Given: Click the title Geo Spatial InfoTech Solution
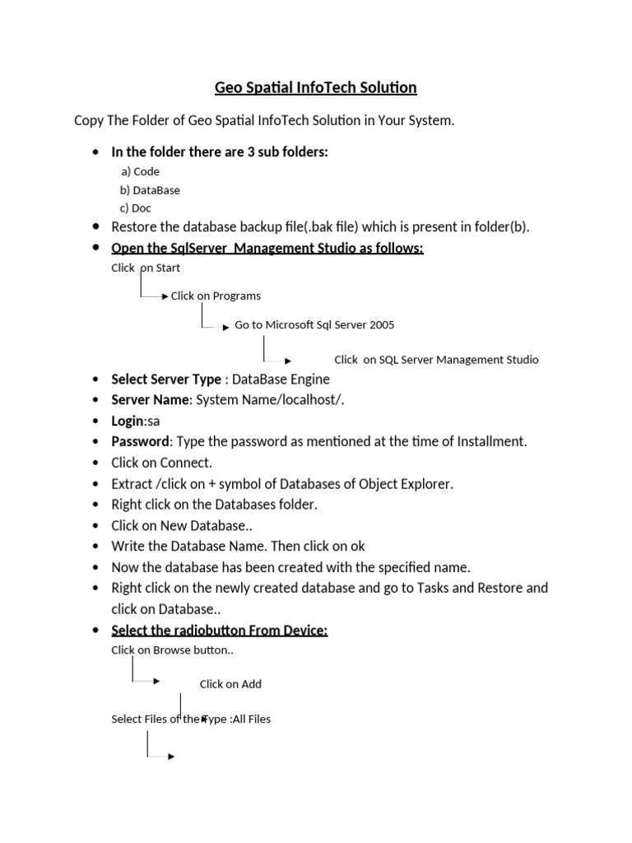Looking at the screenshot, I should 316,87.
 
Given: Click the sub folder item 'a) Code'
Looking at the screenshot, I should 140,171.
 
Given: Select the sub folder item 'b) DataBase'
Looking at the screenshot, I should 150,189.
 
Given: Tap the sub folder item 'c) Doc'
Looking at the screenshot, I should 136,207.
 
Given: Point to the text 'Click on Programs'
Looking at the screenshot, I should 216,296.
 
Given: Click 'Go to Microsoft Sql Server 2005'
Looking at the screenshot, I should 314,324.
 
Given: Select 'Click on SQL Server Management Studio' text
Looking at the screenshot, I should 436,359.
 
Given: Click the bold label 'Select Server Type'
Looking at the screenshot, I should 166,379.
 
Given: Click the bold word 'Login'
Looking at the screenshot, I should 128,420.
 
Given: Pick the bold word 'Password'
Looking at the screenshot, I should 141,441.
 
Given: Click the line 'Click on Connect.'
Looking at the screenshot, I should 162,462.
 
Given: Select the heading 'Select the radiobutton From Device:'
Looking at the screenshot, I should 220,630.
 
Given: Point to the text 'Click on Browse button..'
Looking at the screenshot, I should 173,650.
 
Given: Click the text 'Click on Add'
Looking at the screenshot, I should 230,683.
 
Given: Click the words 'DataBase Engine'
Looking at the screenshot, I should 281,379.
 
